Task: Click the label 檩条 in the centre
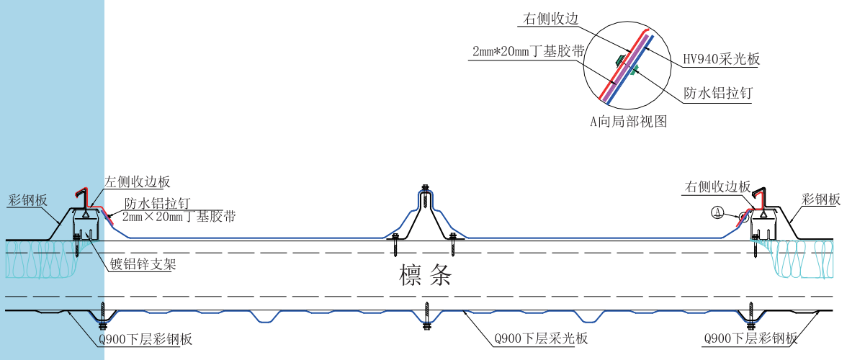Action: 425,276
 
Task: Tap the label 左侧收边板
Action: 138,182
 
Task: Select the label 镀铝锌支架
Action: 143,264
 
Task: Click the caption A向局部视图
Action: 628,122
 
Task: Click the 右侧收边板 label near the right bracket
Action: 717,187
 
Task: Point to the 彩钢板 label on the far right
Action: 820,199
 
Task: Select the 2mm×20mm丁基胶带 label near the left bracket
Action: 179,215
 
